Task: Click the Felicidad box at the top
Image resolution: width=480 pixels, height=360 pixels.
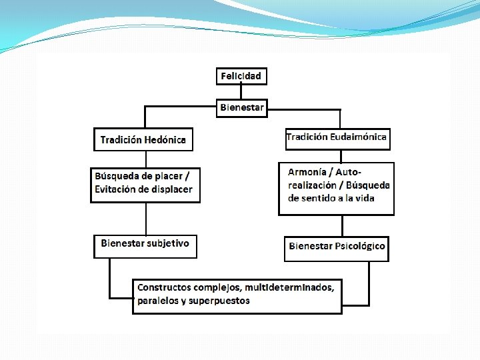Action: pos(241,75)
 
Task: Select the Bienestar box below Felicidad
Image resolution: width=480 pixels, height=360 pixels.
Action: pos(242,107)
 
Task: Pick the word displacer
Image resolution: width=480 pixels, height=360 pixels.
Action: pos(170,189)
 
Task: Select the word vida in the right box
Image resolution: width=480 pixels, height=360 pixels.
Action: pos(365,198)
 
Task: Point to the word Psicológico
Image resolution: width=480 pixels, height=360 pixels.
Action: pos(360,246)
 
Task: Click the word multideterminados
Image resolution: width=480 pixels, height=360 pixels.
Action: pos(289,287)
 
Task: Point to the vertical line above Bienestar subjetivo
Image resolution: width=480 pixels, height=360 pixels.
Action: pos(146,218)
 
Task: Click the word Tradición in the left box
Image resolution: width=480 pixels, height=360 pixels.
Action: pos(121,140)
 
